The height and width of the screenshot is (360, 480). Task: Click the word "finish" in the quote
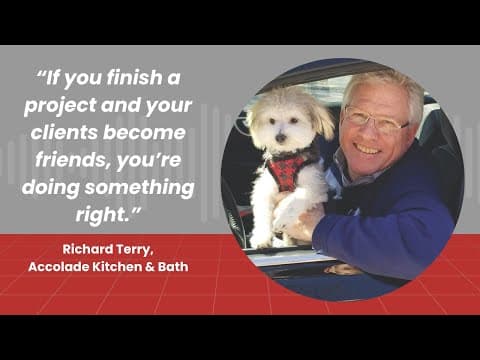pyautogui.click(x=134, y=77)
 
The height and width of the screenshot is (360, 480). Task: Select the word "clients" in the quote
pyautogui.click(x=64, y=132)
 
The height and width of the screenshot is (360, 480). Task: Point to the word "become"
pyautogui.click(x=144, y=132)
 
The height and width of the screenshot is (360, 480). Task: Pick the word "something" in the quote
pyautogui.click(x=139, y=188)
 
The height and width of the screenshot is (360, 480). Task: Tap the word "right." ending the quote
pyautogui.click(x=107, y=214)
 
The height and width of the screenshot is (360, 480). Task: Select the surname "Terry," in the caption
pyautogui.click(x=135, y=250)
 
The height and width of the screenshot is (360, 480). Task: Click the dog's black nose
pyautogui.click(x=281, y=137)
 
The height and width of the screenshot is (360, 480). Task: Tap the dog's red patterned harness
pyautogui.click(x=287, y=168)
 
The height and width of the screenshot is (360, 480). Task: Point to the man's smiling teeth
pyautogui.click(x=368, y=149)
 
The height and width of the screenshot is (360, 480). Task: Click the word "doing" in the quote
pyautogui.click(x=51, y=188)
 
